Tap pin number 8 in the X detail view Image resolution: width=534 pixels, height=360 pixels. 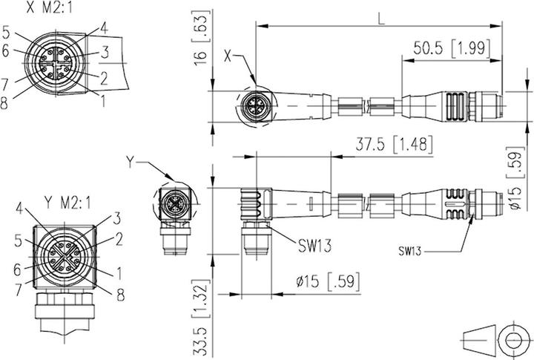pyautogui.click(x=6, y=103)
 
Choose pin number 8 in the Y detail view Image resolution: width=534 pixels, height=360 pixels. pyautogui.click(x=120, y=291)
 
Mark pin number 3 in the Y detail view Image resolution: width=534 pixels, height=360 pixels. pyautogui.click(x=116, y=217)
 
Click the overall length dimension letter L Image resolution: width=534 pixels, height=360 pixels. pyautogui.click(x=380, y=20)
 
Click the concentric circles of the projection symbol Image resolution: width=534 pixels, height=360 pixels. pyautogui.click(x=512, y=340)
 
